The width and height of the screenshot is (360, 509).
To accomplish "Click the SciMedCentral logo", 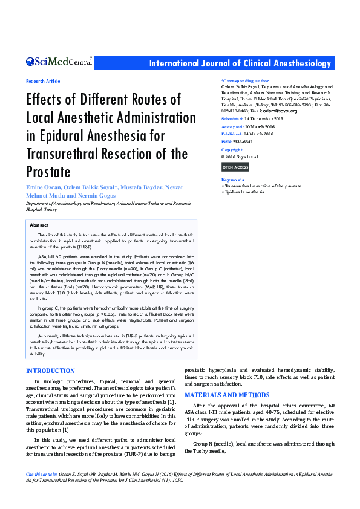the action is [x=59, y=62].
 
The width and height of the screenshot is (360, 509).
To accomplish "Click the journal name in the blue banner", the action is [x=240, y=63].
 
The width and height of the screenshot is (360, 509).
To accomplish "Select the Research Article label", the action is [x=43, y=81].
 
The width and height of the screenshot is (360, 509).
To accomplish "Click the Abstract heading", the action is [x=39, y=225].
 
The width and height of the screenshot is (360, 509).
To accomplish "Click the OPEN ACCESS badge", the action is [x=235, y=167].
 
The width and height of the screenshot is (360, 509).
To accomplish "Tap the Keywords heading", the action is [x=233, y=180].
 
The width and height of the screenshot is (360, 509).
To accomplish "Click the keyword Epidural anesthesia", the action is [x=245, y=192].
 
